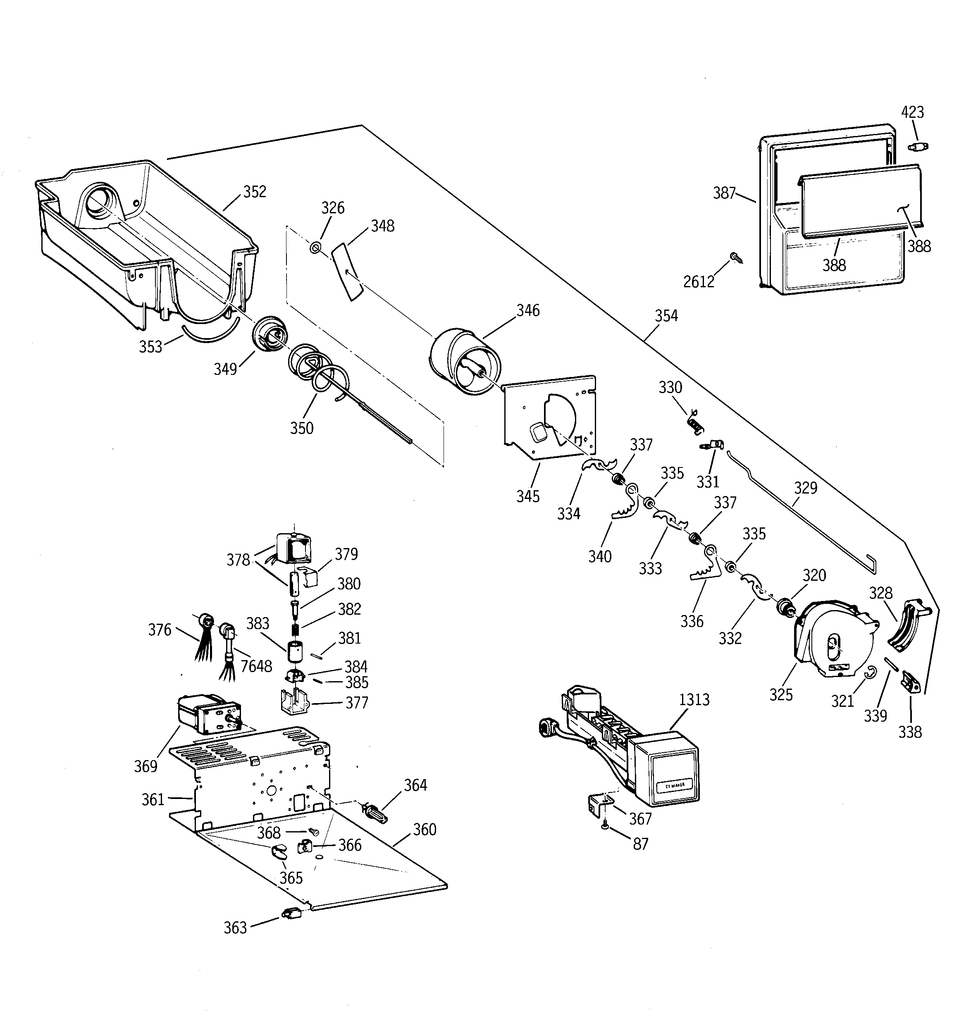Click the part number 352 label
pos(255,191)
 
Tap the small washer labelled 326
pos(315,248)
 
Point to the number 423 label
pos(912,112)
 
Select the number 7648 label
pos(256,666)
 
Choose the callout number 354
pos(666,316)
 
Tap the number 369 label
pos(145,766)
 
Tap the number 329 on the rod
pos(806,488)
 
